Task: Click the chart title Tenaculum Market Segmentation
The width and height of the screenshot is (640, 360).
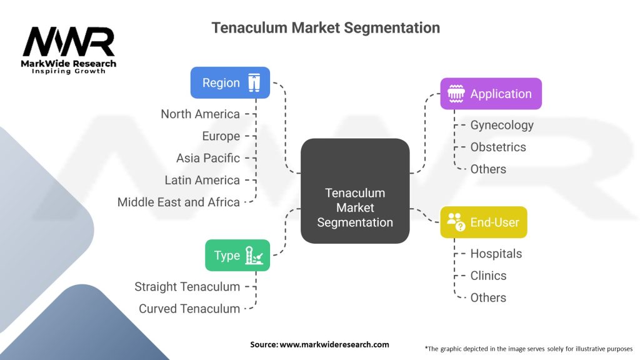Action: click(325, 28)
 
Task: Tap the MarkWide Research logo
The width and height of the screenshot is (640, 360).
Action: click(69, 49)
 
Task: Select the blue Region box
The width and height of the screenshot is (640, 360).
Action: click(230, 82)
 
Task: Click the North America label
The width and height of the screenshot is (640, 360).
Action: click(200, 114)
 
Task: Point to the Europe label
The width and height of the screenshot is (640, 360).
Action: click(221, 136)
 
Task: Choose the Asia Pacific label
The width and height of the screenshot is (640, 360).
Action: click(207, 158)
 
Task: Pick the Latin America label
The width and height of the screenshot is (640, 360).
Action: click(202, 180)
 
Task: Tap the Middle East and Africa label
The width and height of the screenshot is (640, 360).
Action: click(179, 202)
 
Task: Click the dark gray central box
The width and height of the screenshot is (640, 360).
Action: click(355, 191)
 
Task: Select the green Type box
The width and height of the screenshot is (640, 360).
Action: click(237, 255)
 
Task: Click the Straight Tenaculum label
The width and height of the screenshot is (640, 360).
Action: click(187, 287)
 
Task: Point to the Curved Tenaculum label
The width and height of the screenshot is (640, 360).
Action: click(189, 309)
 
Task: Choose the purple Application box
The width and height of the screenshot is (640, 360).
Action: click(491, 94)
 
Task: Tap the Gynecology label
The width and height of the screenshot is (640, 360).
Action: click(502, 125)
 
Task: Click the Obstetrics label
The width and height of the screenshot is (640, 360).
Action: click(498, 147)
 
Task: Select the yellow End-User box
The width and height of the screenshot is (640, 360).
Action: click(483, 222)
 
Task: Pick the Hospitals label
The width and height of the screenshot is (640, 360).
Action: click(496, 254)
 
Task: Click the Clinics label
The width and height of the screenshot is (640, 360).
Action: click(488, 276)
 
